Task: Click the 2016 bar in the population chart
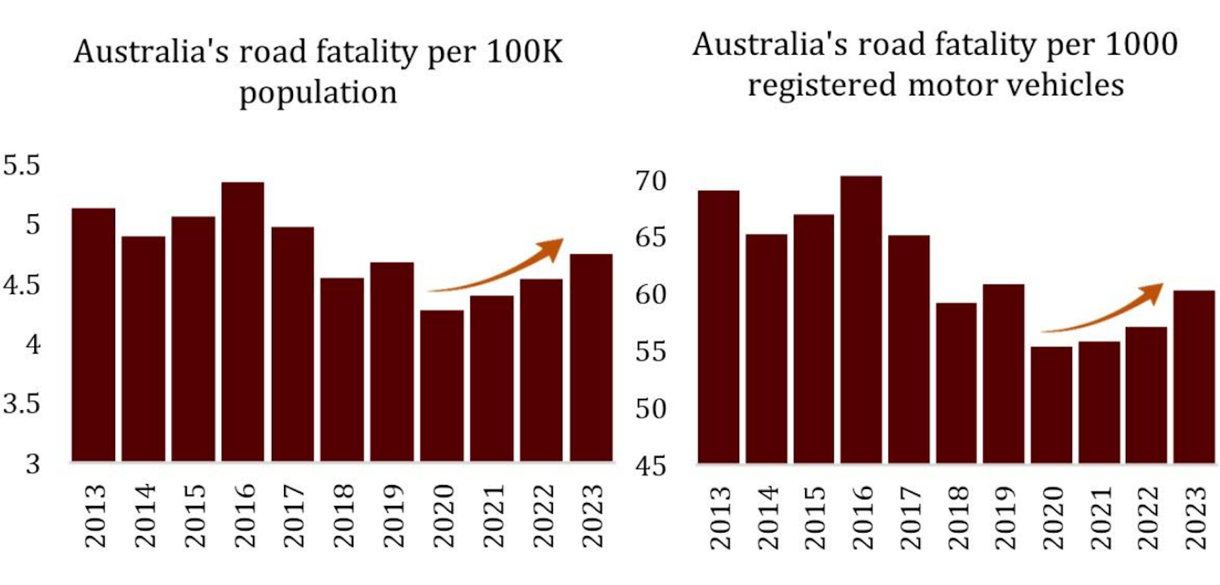[x=243, y=321]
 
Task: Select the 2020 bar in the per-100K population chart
[x=442, y=385]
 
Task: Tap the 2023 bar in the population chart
[x=591, y=357]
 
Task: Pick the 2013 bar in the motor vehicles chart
[x=718, y=326]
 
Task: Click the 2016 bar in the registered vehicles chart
[x=861, y=319]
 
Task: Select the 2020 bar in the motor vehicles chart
[x=1051, y=404]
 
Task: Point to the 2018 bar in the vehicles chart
[x=956, y=383]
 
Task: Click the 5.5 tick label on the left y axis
[x=22, y=165]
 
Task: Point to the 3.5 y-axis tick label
[x=22, y=404]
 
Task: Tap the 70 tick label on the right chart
[x=651, y=181]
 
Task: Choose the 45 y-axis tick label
[x=651, y=466]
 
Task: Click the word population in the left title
[x=318, y=93]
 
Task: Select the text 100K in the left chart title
[x=524, y=52]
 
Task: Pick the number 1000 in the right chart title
[x=1142, y=44]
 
